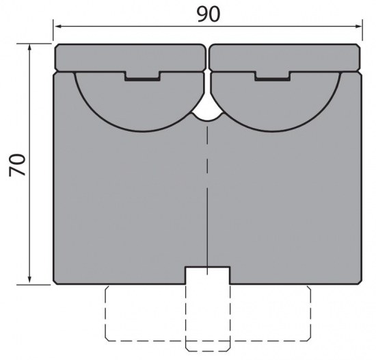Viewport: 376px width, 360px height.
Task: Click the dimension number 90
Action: coord(209,13)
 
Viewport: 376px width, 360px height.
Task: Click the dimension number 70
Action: coord(18,165)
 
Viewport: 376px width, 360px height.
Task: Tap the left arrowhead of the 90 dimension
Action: coord(59,27)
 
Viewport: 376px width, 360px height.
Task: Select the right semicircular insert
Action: coord(273,103)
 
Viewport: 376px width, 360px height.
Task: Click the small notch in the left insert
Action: coord(142,77)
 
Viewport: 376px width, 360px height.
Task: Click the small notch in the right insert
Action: coord(271,77)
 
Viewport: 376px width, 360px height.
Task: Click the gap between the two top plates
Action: coord(207,57)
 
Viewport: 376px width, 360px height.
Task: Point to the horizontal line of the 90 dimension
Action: coord(137,27)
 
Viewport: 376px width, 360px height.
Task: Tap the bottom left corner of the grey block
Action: coord(55,282)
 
